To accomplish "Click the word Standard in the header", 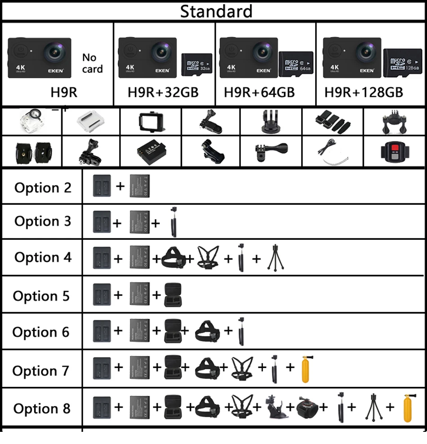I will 216,11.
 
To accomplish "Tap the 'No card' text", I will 92,63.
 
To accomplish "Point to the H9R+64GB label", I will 259,92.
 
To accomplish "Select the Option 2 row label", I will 43,188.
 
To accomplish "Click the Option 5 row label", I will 41,296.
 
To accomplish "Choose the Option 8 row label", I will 42,408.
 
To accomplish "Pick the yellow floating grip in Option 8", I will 408,408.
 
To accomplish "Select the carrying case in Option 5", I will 173,295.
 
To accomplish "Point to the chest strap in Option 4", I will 208,258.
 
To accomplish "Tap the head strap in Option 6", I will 207,332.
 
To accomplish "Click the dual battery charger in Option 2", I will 101,186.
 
